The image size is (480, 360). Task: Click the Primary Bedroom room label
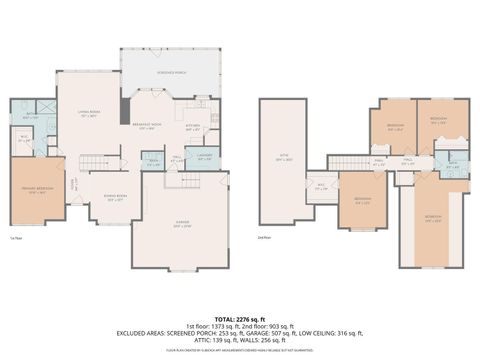click(36, 192)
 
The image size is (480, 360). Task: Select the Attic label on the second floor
click(284, 159)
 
